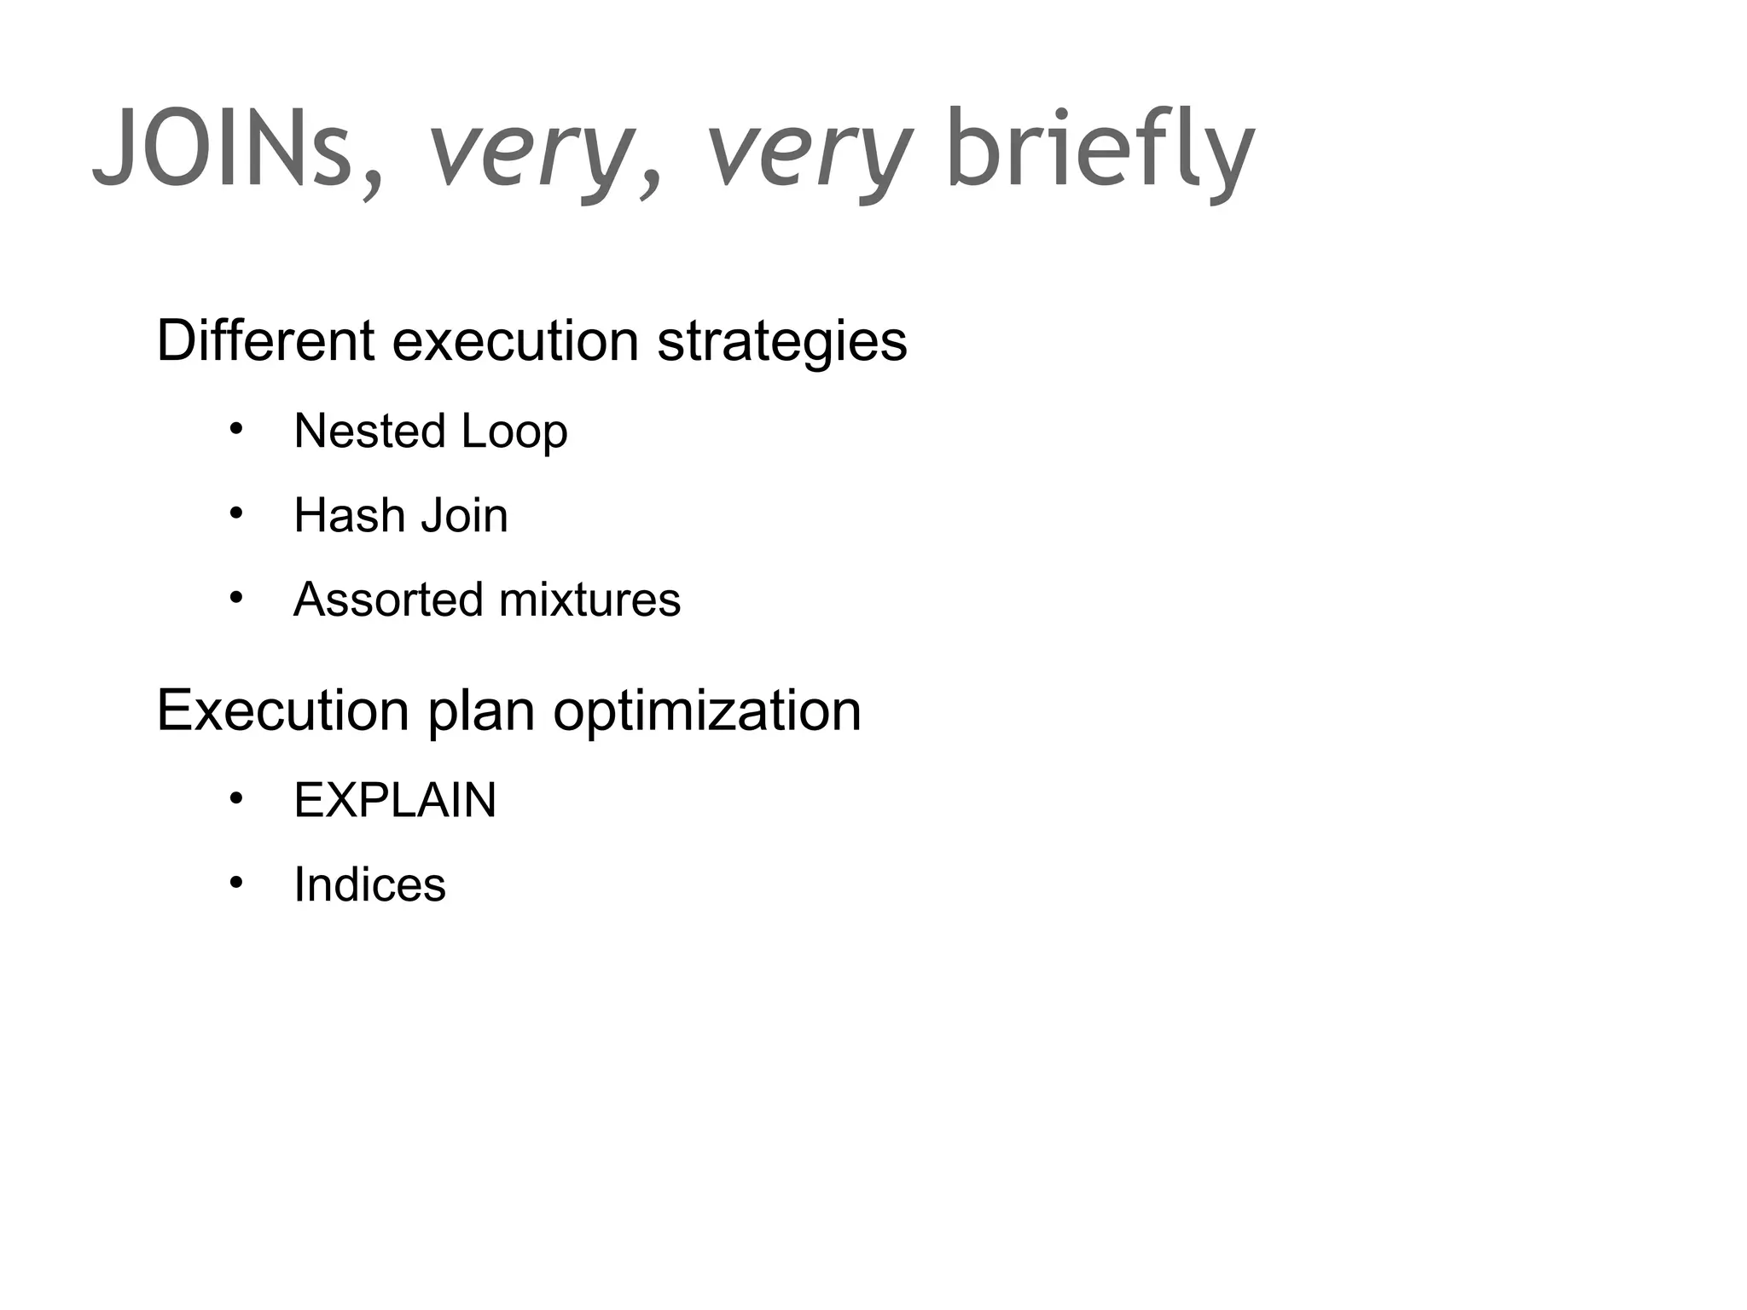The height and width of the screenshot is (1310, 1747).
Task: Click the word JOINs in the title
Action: [223, 149]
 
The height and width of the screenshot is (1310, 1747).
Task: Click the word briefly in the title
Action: [1100, 149]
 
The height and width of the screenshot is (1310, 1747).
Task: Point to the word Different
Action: [264, 340]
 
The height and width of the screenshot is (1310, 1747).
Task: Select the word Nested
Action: [369, 431]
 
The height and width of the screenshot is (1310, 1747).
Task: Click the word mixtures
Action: [589, 599]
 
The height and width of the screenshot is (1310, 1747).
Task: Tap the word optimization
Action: [706, 711]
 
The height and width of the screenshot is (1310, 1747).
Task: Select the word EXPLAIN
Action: [395, 800]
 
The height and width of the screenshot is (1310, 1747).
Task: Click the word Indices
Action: [369, 884]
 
